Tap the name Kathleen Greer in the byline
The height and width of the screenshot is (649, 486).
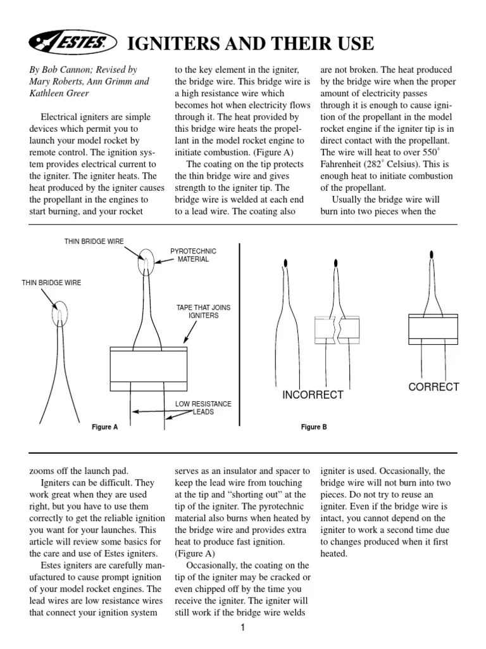[58, 93]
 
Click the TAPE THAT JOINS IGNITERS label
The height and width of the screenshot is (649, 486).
[203, 311]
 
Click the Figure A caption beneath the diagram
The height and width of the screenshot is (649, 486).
[105, 427]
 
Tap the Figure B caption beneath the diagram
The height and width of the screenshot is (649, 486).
[314, 427]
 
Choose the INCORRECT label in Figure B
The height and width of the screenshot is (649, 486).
[313, 395]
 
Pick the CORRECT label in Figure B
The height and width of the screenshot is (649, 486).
[433, 387]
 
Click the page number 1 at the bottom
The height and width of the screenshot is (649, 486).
[242, 628]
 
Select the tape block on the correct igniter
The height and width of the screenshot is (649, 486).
[433, 327]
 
